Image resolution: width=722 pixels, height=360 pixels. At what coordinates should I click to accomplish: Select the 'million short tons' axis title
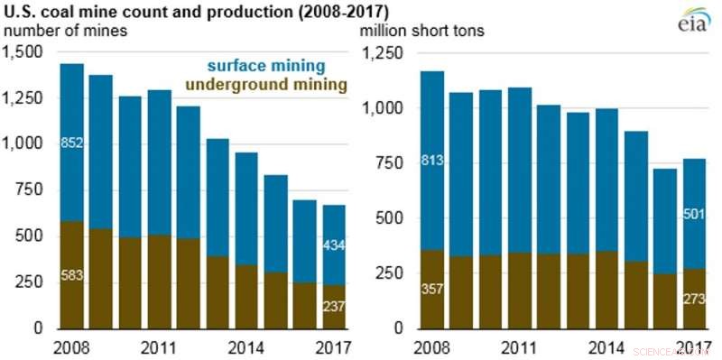422,32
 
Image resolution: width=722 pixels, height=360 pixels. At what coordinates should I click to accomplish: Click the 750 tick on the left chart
30,190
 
